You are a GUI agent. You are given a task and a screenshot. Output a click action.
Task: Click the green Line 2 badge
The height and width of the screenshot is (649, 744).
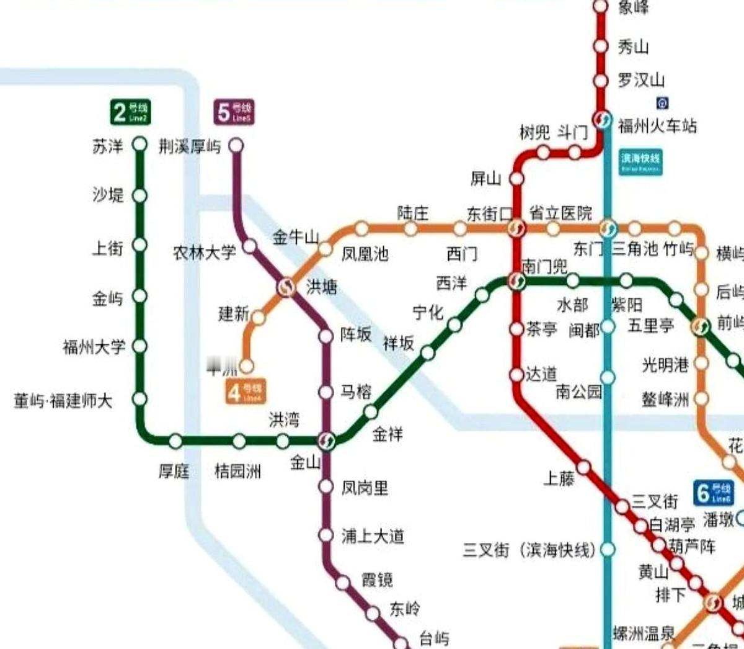pos(130,112)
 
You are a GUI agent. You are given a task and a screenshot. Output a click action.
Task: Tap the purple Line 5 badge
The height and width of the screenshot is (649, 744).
pos(234,112)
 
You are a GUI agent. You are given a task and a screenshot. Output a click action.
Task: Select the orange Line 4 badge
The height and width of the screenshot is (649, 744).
pos(246,391)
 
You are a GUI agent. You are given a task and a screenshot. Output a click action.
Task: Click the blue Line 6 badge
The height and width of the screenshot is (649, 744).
pos(714,493)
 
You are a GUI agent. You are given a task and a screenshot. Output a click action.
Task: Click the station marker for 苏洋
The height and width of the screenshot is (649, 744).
pos(140,145)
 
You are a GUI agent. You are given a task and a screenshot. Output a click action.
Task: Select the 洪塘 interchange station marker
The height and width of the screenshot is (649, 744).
pos(286,287)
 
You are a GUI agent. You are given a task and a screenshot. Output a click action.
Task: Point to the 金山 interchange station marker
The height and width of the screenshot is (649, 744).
pos(326,441)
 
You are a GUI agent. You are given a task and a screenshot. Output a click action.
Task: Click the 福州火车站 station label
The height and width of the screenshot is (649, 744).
pos(657,126)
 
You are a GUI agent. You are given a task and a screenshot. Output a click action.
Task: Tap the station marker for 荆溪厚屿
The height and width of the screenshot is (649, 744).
pos(236,146)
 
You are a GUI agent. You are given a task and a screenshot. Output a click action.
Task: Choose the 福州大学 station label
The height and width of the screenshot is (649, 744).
pos(94,346)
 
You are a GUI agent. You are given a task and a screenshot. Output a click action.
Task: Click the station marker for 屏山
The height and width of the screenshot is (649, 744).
pos(516,179)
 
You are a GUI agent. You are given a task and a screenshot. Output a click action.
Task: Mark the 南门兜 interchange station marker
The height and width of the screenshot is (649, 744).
pos(516,282)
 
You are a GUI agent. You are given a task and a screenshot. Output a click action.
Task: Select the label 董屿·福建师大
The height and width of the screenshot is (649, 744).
pos(63,401)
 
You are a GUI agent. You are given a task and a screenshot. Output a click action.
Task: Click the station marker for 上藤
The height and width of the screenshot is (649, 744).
pos(584,467)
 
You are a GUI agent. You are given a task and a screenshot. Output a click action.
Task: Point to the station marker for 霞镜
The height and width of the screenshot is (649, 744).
pos(343,582)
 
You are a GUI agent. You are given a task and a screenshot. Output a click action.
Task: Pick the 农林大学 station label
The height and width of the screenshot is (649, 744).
pos(205,253)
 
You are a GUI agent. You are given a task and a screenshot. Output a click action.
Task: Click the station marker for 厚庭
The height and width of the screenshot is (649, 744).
pos(175,441)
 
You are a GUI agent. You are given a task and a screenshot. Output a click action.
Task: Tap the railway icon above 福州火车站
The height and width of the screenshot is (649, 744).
pos(662,102)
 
